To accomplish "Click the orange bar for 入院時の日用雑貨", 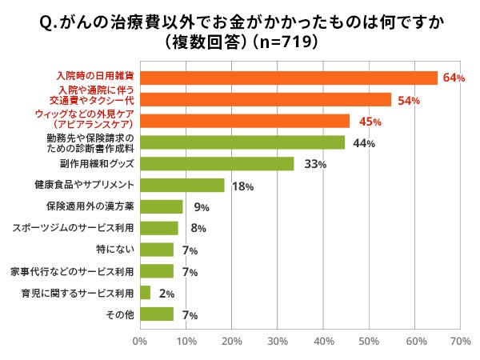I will pos(288,78).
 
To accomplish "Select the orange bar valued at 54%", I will pos(266,99).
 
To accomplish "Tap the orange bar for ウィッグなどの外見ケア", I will pos(245,121).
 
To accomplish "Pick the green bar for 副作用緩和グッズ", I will pos(217,163).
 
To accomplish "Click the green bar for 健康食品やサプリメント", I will pos(182,185).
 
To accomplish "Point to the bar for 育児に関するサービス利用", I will pos(145,292).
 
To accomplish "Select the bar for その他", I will pos(156,314).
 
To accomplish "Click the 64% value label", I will pos(454,78).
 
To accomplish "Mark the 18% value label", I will pos(242,186).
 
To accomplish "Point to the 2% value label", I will pos(166,294).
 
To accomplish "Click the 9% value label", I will pos(201,208).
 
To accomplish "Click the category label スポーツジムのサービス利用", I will pos(73,228).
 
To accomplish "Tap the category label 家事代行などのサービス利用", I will pos(71,271).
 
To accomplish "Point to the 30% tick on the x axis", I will pos(278,342).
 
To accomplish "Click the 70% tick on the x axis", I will pos(461,342).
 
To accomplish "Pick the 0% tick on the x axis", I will pos(140,342).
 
